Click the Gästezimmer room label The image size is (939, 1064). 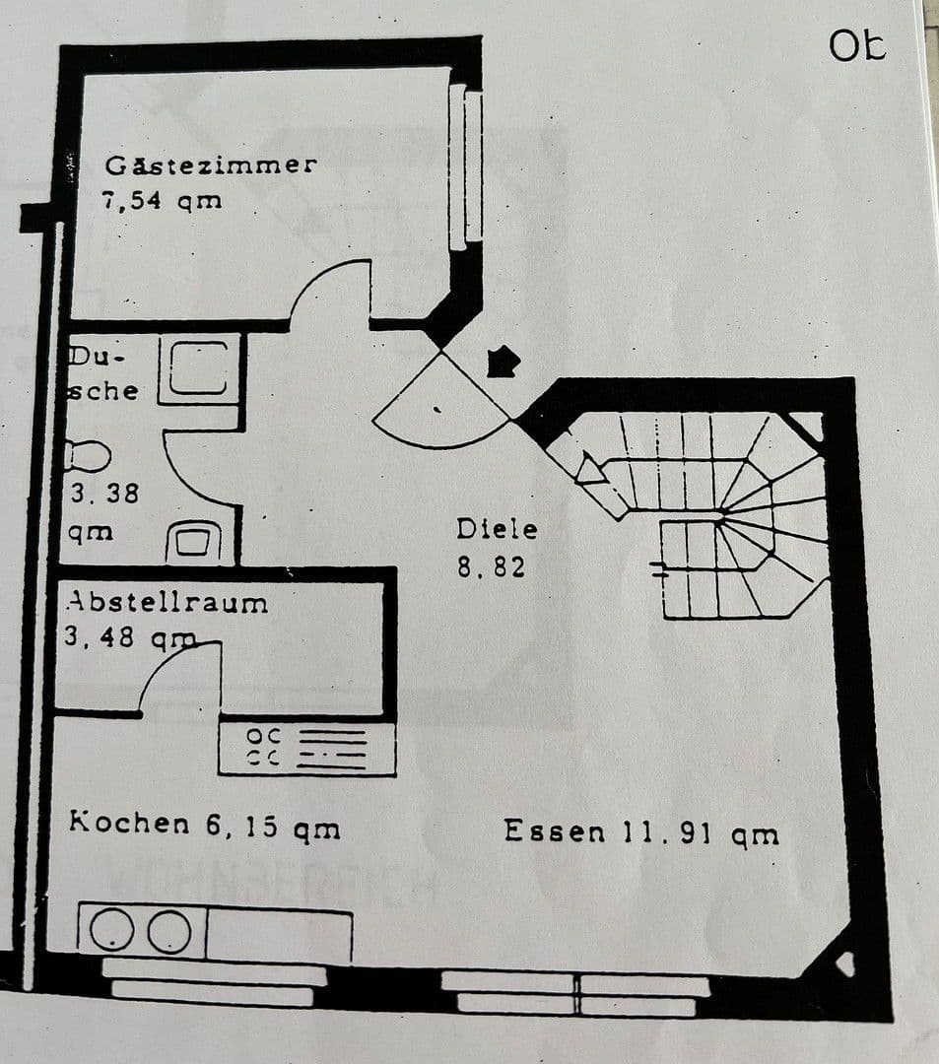point(211,165)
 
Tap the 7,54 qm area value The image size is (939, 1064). point(162,201)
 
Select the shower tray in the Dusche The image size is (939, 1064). point(200,368)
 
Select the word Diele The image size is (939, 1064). point(497,529)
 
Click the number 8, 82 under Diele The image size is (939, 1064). point(491,567)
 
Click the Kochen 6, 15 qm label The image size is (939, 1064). point(205,826)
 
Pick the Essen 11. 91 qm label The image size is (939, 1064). point(641,831)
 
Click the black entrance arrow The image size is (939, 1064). point(503,361)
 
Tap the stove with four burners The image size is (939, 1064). point(306,748)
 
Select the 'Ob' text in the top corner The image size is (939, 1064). point(857,45)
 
